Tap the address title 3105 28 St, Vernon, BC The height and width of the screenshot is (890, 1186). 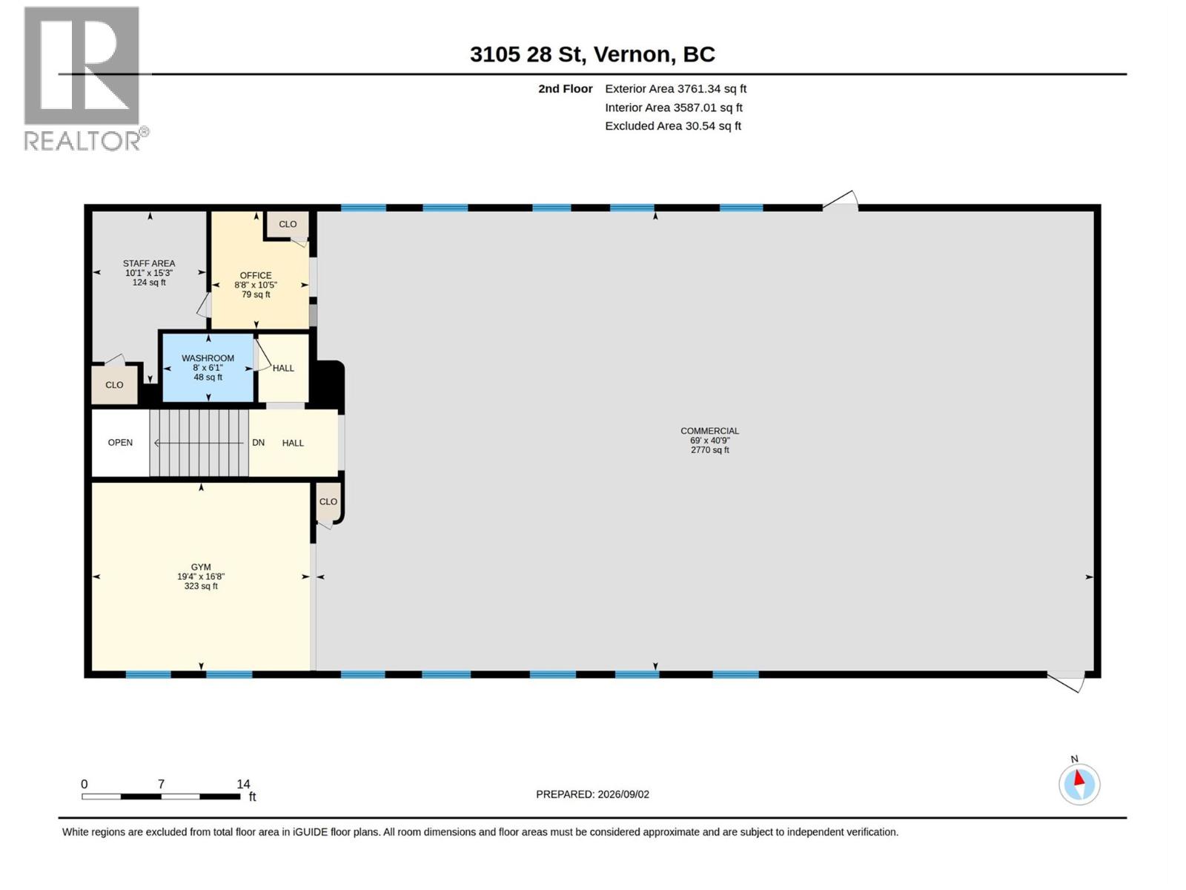[x=592, y=54]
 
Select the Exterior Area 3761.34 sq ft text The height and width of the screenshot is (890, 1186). [x=675, y=88]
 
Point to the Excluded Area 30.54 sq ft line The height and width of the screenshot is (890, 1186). [x=673, y=126]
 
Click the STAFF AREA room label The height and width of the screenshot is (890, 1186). [x=148, y=263]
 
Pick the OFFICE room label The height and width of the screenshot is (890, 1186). [x=256, y=275]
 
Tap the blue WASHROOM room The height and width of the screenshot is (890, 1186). [x=208, y=368]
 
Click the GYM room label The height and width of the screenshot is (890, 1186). [x=200, y=567]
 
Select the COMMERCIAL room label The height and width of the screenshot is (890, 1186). [x=709, y=431]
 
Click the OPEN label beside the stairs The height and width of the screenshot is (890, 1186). [x=120, y=443]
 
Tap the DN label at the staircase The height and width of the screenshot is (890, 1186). [x=258, y=443]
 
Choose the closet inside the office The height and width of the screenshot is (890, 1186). [x=288, y=224]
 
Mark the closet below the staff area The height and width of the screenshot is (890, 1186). [x=114, y=385]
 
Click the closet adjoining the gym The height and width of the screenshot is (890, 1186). [x=328, y=502]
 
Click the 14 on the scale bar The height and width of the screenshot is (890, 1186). [x=243, y=783]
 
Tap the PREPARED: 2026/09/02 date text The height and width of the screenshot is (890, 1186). [x=592, y=794]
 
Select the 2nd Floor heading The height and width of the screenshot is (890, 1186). [x=565, y=88]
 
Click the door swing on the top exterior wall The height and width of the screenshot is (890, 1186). [x=840, y=200]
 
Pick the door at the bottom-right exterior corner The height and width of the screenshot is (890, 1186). [x=1066, y=682]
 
